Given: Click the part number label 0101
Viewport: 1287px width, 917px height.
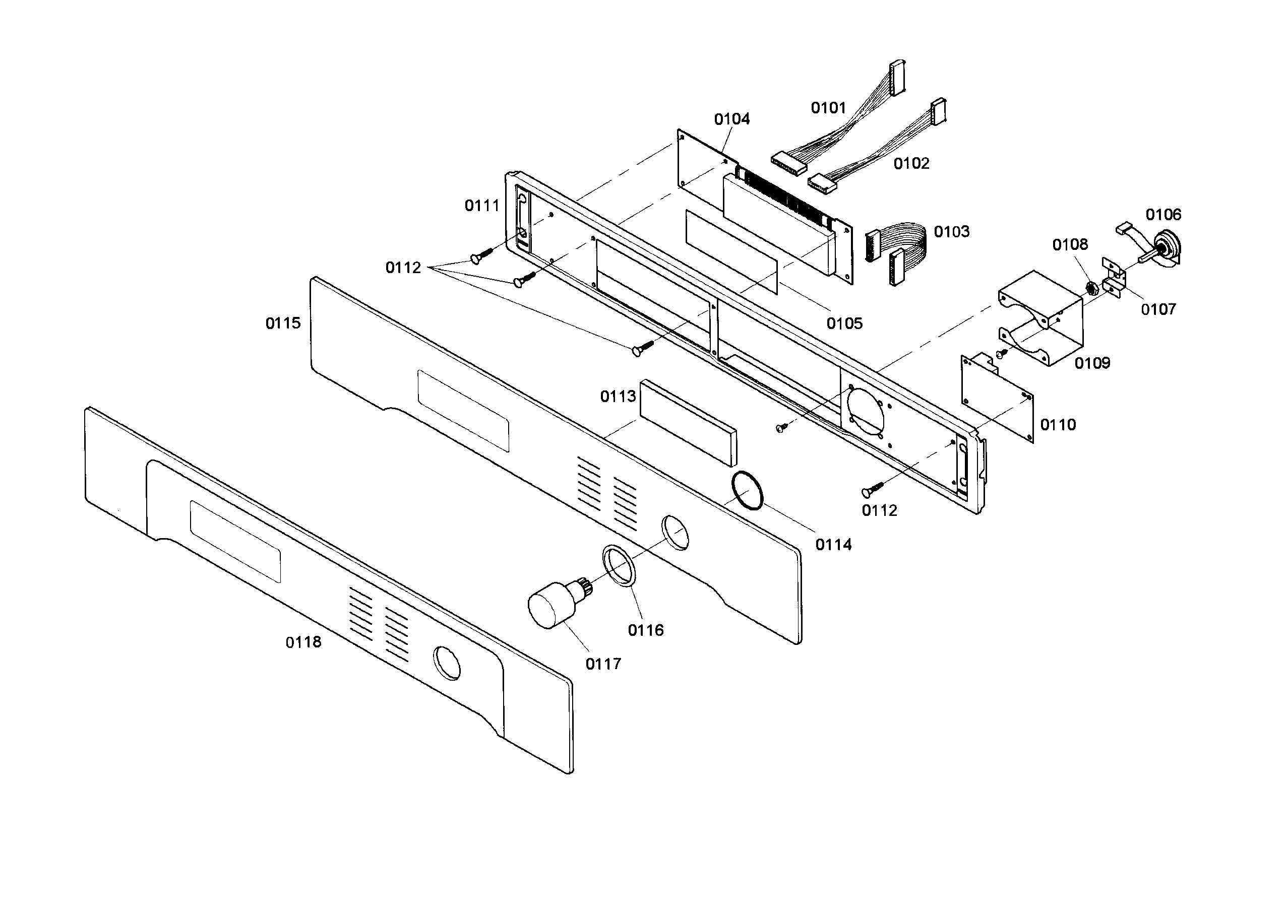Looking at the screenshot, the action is coord(828,108).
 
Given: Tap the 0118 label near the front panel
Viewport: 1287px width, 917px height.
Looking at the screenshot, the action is coord(303,642).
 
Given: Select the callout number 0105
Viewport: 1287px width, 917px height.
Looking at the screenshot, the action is coord(844,323).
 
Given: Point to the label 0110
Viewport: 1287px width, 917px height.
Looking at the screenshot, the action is coord(1058,425).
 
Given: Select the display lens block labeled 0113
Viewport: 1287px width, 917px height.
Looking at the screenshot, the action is coord(688,422).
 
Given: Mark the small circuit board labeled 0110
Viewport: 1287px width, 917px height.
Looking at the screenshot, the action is coord(997,398).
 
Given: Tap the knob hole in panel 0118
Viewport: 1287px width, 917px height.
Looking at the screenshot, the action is coord(446,663).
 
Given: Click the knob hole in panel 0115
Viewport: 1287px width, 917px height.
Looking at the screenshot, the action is coord(675,532).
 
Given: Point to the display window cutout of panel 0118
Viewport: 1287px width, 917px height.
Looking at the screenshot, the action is coord(235,542).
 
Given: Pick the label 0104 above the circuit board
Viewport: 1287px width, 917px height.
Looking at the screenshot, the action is coord(731,119).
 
